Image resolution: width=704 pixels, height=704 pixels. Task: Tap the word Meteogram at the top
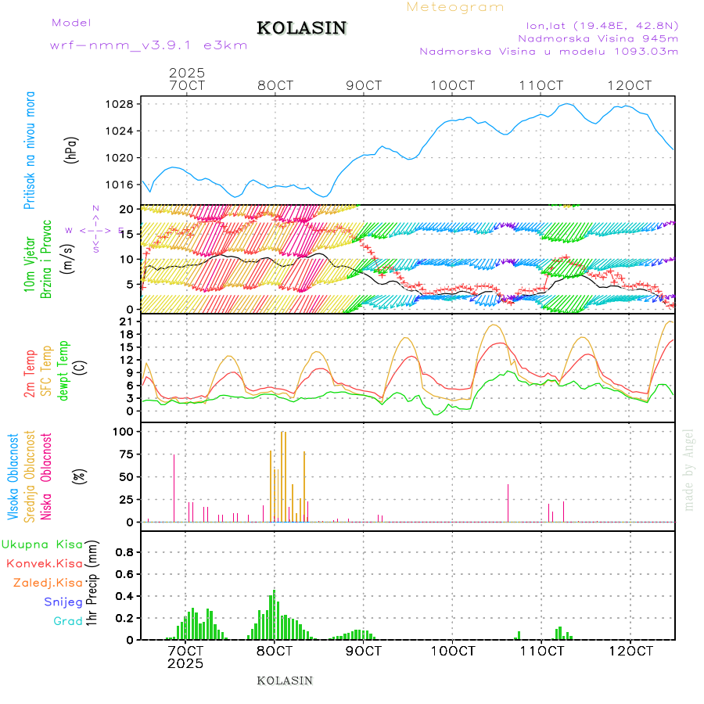pyautogui.click(x=455, y=7)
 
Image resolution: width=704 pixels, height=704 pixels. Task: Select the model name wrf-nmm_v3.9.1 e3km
pyautogui.click(x=149, y=45)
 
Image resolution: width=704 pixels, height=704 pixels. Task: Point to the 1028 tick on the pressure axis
pyautogui.click(x=119, y=104)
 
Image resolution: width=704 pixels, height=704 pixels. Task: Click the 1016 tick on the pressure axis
pyautogui.click(x=119, y=185)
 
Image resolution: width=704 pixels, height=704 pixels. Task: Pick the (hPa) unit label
pyautogui.click(x=72, y=149)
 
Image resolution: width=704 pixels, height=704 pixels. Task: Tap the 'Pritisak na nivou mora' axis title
pyautogui.click(x=30, y=149)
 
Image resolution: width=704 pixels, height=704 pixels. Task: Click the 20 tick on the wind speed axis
pyautogui.click(x=125, y=210)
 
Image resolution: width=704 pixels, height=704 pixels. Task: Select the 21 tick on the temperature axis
pyautogui.click(x=125, y=321)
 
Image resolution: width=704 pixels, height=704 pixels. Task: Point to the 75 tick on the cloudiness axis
pyautogui.click(x=124, y=454)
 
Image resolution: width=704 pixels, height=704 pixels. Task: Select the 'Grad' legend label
pyautogui.click(x=67, y=621)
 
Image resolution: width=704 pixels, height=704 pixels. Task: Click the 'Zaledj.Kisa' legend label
pyautogui.click(x=48, y=583)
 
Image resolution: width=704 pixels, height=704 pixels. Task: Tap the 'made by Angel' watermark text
pyautogui.click(x=689, y=469)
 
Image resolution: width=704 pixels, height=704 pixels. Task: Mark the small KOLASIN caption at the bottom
pyautogui.click(x=285, y=681)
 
